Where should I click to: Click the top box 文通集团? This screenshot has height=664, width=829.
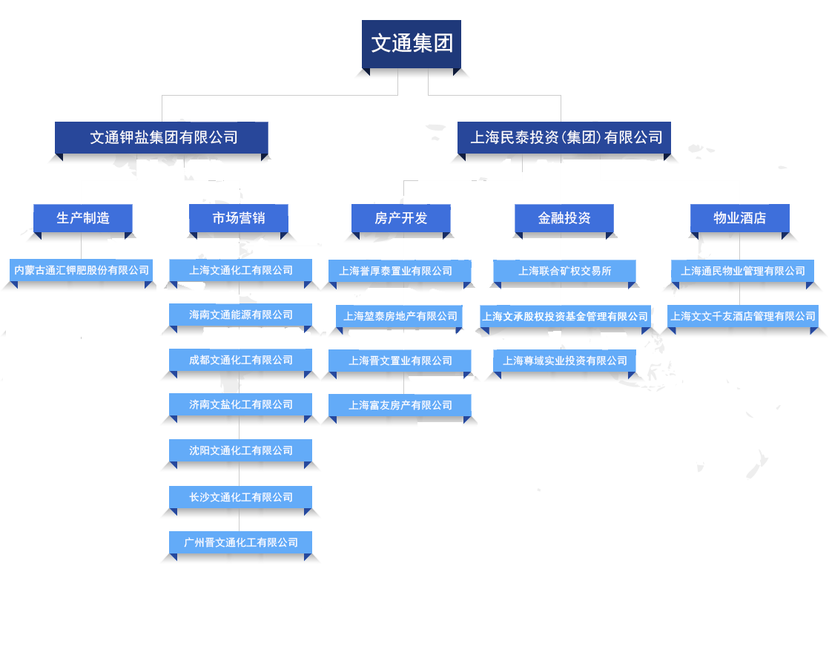(x=412, y=44)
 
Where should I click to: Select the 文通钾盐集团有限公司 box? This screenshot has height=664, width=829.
(x=161, y=137)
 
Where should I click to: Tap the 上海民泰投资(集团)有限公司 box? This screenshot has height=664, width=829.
(x=564, y=137)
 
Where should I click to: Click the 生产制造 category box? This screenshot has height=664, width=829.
(x=83, y=218)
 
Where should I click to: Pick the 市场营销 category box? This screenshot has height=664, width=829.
(x=239, y=218)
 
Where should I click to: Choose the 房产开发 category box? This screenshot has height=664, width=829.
(x=401, y=218)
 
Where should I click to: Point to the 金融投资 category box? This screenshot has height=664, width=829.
(x=564, y=218)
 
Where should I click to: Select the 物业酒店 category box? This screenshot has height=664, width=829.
(x=739, y=218)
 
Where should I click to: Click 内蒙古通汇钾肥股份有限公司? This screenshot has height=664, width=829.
(x=82, y=270)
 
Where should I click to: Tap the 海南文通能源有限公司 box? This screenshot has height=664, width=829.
(x=241, y=315)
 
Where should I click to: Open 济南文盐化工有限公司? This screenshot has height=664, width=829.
(x=241, y=404)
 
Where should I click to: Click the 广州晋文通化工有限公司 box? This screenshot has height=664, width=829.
(x=241, y=542)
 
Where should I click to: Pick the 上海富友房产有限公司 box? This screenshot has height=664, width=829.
(x=400, y=405)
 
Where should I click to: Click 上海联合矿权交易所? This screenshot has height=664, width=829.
(x=565, y=271)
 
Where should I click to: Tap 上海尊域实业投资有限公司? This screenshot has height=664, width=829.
(x=565, y=361)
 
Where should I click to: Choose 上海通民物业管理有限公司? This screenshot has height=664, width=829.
(x=743, y=271)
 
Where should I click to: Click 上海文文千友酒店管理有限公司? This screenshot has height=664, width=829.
(x=743, y=316)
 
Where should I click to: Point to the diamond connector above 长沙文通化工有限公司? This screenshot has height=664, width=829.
(x=239, y=479)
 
